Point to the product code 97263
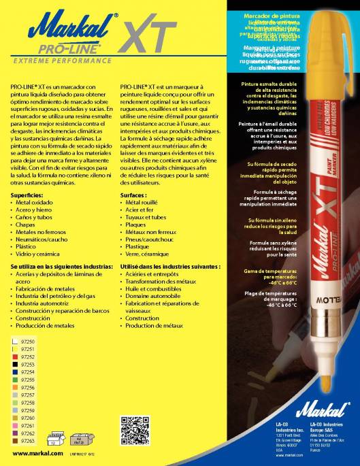(x=28, y=441)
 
